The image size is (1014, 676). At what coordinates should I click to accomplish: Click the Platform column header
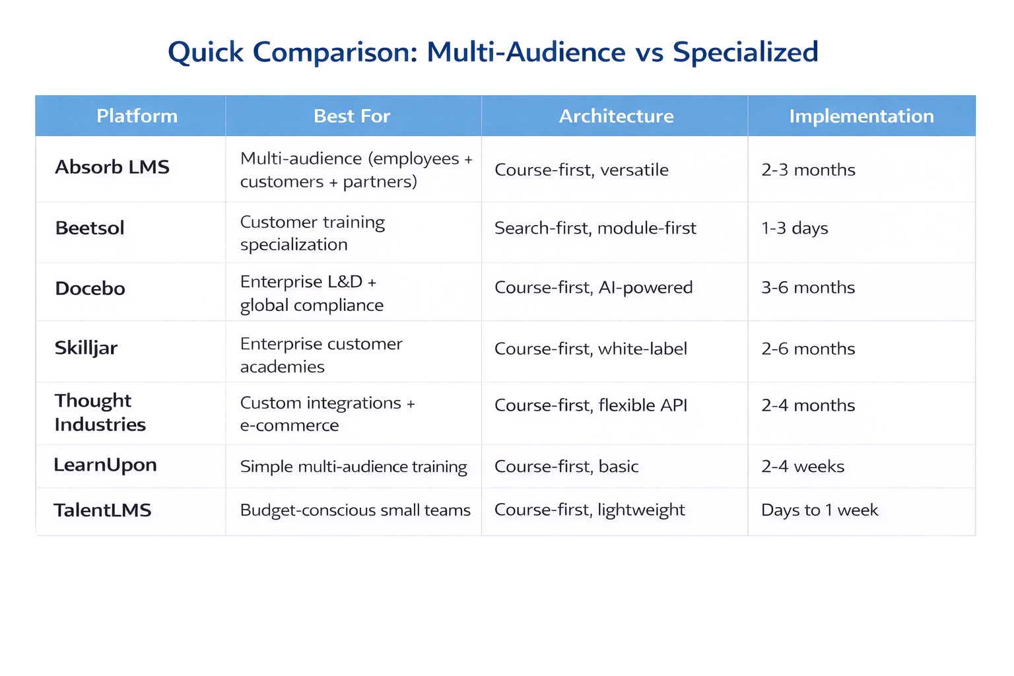pyautogui.click(x=137, y=116)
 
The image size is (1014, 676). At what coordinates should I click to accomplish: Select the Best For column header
pyautogui.click(x=352, y=116)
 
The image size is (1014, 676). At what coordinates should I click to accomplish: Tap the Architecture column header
pyautogui.click(x=616, y=116)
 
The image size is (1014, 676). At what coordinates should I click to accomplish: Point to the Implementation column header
pyautogui.click(x=862, y=116)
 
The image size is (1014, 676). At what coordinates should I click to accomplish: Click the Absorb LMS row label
pyautogui.click(x=112, y=167)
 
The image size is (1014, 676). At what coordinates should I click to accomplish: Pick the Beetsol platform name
pyautogui.click(x=90, y=228)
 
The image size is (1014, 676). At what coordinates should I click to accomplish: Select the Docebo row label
pyautogui.click(x=90, y=288)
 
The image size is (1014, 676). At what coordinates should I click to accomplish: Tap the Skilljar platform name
pyautogui.click(x=86, y=348)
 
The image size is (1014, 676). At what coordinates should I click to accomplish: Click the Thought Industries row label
pyautogui.click(x=100, y=413)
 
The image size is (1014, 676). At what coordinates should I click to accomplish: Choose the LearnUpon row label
pyautogui.click(x=106, y=465)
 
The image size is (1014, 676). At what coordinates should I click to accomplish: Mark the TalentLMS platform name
pyautogui.click(x=102, y=510)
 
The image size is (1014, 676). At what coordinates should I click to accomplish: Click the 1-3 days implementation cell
pyautogui.click(x=794, y=228)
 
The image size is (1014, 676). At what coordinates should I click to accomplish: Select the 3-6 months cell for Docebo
pyautogui.click(x=808, y=287)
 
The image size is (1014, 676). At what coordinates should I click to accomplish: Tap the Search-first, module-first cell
pyautogui.click(x=595, y=228)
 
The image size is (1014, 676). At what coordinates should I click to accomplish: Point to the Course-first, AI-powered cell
pyautogui.click(x=593, y=288)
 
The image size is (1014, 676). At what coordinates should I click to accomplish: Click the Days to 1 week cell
pyautogui.click(x=820, y=510)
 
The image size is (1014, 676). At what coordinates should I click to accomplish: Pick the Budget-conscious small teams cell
pyautogui.click(x=355, y=510)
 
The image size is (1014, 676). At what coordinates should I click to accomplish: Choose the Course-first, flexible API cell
pyautogui.click(x=591, y=405)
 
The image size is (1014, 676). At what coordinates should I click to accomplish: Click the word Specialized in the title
pyautogui.click(x=745, y=52)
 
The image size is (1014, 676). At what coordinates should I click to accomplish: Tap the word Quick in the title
pyautogui.click(x=205, y=52)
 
